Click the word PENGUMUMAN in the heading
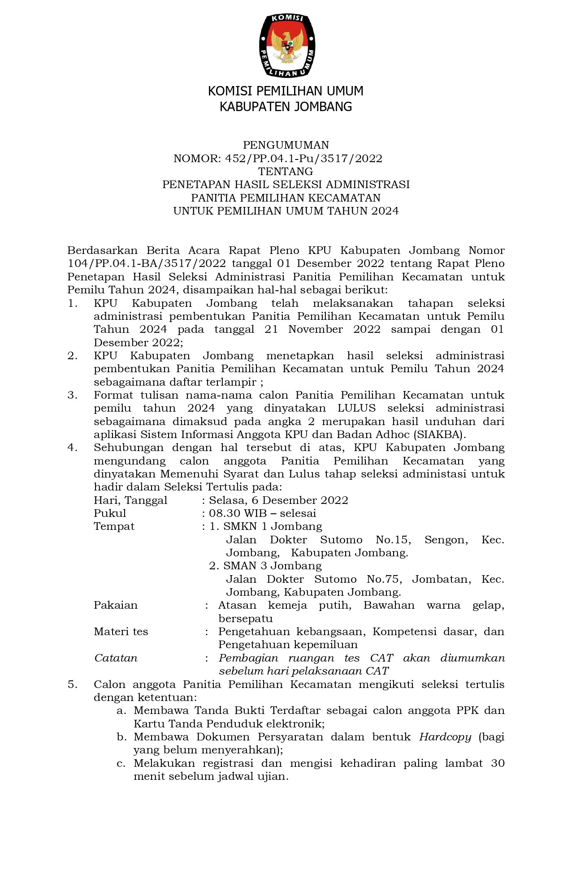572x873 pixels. [x=286, y=145]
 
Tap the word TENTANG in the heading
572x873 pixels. [x=286, y=172]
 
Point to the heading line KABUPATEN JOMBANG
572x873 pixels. [x=286, y=107]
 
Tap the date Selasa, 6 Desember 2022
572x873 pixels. [x=278, y=500]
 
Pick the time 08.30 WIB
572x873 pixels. [x=238, y=513]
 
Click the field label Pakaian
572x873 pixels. [x=116, y=606]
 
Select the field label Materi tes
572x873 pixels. [x=121, y=632]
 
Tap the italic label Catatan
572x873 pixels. [x=116, y=658]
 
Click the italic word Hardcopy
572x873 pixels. [x=445, y=737]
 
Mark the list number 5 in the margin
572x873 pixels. [x=72, y=684]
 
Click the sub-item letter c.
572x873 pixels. [x=121, y=763]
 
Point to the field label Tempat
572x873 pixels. [x=114, y=526]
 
